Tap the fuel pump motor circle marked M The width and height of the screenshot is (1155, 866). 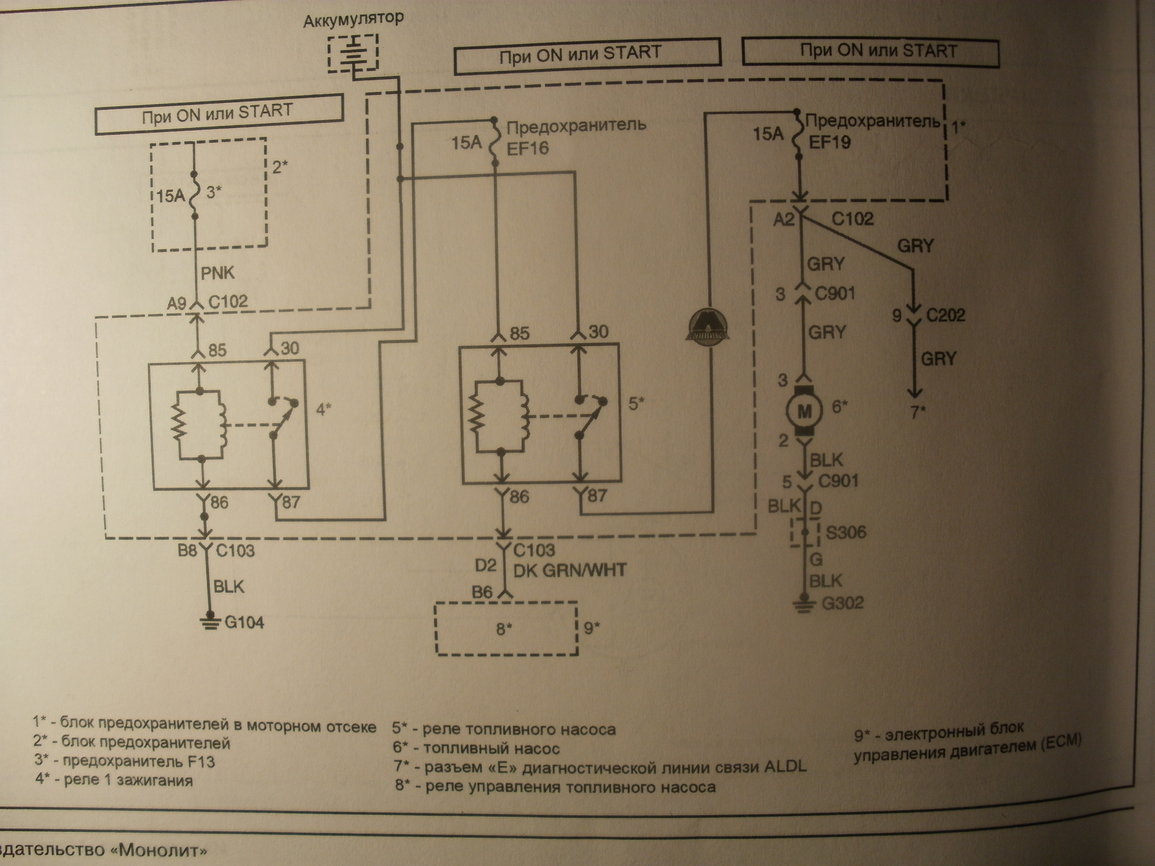point(805,412)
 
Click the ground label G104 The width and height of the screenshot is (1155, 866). point(244,622)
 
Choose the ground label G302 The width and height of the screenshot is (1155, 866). point(843,604)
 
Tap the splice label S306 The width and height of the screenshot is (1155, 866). point(846,532)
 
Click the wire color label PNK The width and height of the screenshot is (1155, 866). point(217,272)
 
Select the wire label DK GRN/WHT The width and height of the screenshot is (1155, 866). point(570,570)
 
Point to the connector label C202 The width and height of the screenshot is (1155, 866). point(946,315)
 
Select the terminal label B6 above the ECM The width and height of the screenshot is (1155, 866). point(482,592)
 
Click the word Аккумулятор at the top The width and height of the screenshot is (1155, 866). point(354,19)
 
